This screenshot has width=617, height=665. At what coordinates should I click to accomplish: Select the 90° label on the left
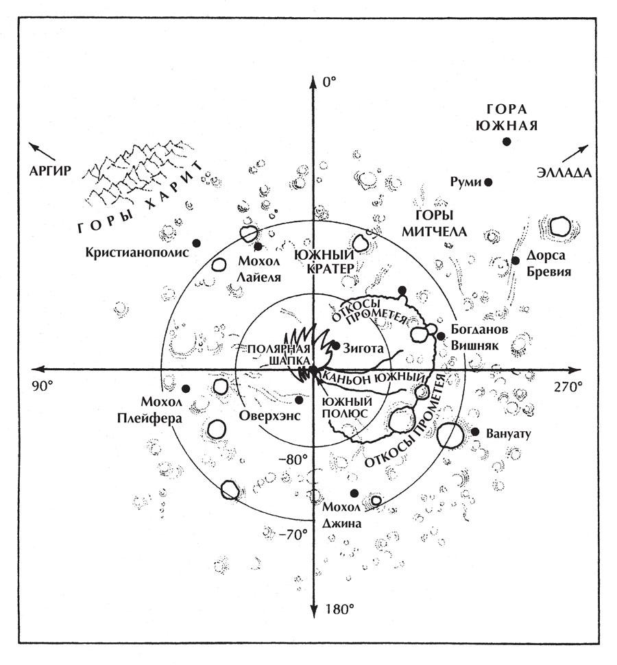click(43, 386)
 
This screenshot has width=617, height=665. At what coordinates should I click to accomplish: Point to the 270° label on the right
click(569, 386)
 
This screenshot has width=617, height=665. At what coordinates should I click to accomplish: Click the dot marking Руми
click(489, 182)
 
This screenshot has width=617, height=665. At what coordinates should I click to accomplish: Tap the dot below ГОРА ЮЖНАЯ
click(507, 141)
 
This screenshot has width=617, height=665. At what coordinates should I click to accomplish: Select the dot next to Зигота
click(336, 345)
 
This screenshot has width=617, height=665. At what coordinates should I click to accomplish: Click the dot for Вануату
click(474, 432)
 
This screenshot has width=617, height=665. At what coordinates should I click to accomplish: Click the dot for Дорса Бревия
click(516, 261)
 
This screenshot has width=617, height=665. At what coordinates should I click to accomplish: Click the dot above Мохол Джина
click(354, 493)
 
